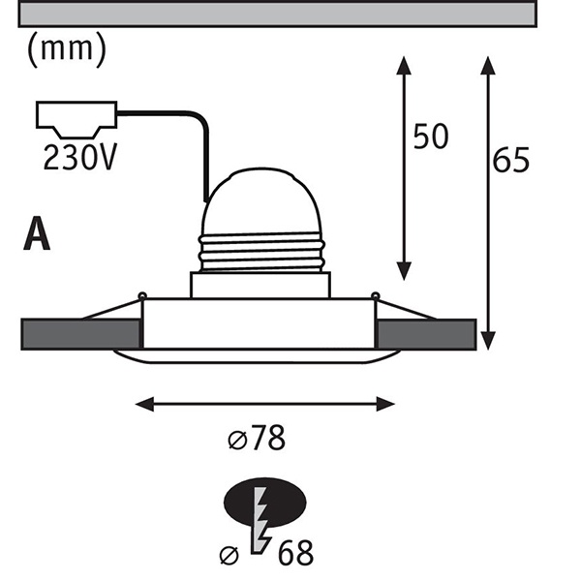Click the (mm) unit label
(67, 49)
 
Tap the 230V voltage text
(80, 157)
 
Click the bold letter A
(37, 233)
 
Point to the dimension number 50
(431, 137)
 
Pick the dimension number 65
(511, 160)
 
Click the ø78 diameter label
(257, 438)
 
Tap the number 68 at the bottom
(295, 553)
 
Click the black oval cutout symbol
(265, 502)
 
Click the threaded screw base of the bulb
(261, 253)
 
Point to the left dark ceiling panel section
(80, 334)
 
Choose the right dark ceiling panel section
(426, 334)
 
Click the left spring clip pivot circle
(142, 295)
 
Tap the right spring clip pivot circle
(376, 295)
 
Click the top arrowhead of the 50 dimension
(404, 66)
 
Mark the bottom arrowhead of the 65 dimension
(488, 341)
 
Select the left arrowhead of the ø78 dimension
(144, 404)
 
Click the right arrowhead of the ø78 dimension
(385, 404)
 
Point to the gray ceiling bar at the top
(278, 15)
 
